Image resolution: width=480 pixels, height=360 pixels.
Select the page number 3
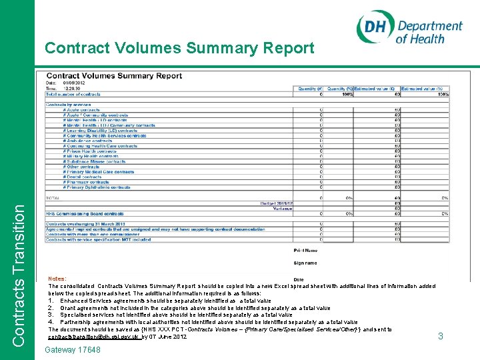point(441,337)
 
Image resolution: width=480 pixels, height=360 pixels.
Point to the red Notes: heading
point(57,279)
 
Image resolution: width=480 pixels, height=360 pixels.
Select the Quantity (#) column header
point(311,89)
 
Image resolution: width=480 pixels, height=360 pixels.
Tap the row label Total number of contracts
point(73,94)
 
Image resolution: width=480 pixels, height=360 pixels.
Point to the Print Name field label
point(305,250)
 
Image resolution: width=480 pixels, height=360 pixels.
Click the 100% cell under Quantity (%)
point(347,94)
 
